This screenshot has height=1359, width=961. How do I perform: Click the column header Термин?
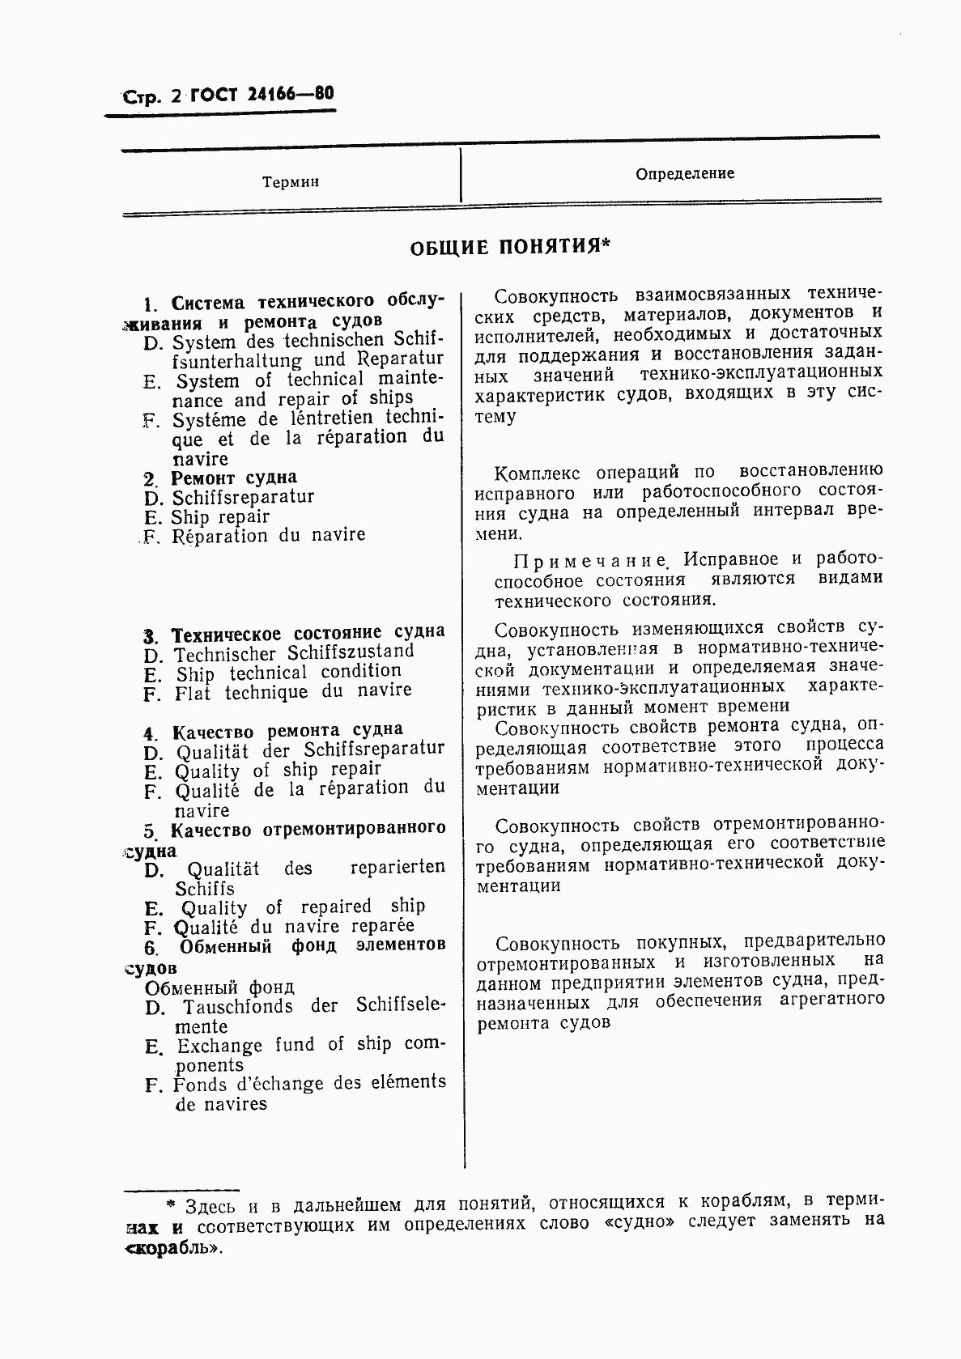(x=291, y=182)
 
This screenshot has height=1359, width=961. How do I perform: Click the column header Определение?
(x=685, y=173)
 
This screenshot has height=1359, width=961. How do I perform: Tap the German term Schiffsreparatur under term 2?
(x=243, y=497)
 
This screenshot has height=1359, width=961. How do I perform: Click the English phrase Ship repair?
(x=220, y=517)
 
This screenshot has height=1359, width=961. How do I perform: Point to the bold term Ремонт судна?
(x=234, y=478)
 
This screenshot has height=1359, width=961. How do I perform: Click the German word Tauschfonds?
(x=238, y=1006)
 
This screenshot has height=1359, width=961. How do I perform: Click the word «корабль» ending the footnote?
(x=173, y=1247)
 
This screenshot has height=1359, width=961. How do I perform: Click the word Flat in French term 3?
(x=193, y=694)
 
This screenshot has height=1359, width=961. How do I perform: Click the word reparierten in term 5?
(x=398, y=868)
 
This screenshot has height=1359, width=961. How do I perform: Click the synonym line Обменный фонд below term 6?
(x=219, y=987)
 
